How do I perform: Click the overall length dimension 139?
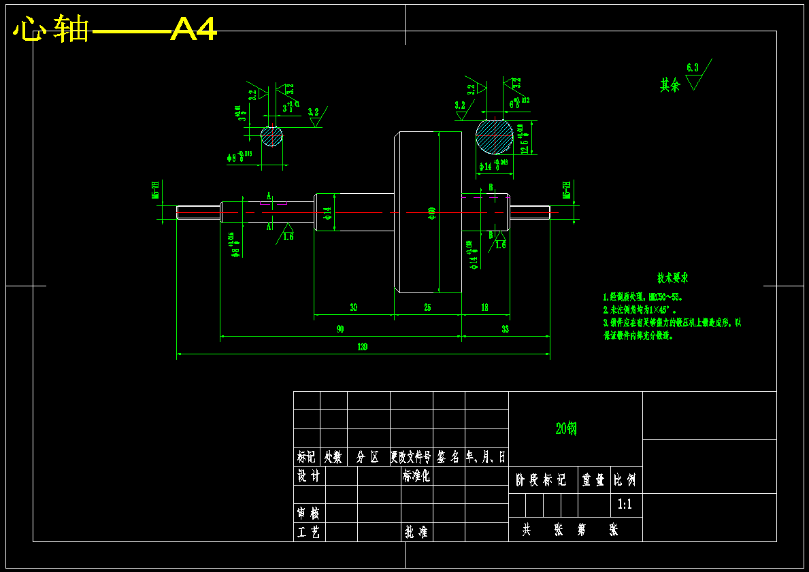coord(362,347)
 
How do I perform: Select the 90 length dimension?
coord(340,329)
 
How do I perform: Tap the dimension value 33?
coord(505,329)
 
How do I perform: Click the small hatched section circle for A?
coord(271,136)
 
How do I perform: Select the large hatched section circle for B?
coord(494,136)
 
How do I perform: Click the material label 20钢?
coord(566,428)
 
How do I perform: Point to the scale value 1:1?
coord(625,505)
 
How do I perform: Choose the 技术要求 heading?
coord(672,278)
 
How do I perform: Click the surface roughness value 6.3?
coord(693,67)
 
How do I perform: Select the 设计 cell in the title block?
coord(309,476)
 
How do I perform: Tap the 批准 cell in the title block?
coord(416,532)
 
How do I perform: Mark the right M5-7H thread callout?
coord(566,190)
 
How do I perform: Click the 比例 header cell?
coord(625,480)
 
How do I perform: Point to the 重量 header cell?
coord(593,480)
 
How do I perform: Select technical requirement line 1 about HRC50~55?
coord(643,297)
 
